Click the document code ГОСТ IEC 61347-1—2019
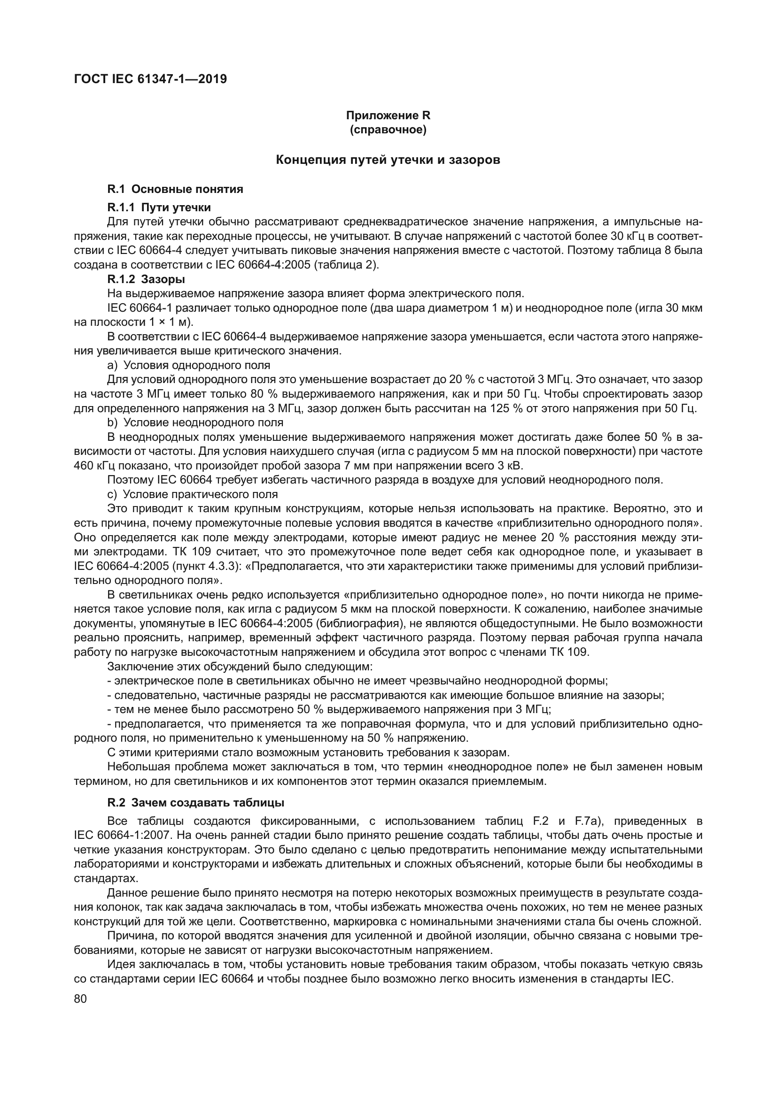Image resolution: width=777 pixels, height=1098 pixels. point(150,79)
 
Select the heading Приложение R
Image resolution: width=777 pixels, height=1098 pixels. point(388,115)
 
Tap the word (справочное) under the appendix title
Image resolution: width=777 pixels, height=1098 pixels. point(388,130)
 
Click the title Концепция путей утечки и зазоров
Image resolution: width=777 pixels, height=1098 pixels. point(388,160)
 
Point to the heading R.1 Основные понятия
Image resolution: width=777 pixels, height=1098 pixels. point(175,189)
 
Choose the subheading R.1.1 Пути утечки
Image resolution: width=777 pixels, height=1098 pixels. point(159,207)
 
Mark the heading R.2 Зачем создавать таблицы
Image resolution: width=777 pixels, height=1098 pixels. point(196,802)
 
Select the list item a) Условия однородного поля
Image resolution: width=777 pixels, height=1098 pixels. point(189,365)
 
